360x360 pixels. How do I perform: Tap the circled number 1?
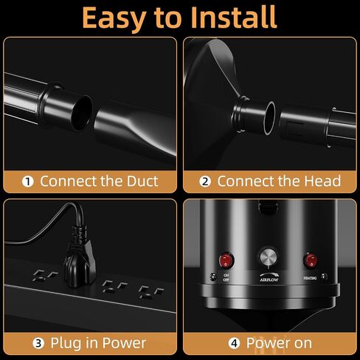(28, 181)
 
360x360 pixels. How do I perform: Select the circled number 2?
(205, 181)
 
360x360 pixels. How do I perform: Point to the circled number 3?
(38, 343)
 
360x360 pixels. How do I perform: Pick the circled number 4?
(234, 343)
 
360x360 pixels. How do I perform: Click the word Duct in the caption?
(142, 181)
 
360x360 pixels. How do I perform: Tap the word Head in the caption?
(322, 181)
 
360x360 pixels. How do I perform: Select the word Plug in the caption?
(66, 344)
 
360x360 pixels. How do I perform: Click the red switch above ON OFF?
(226, 260)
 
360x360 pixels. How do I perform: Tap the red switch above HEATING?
(311, 260)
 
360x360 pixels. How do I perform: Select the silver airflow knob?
(269, 257)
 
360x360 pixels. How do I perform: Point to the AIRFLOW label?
(269, 280)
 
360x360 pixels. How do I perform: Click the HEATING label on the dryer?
(310, 278)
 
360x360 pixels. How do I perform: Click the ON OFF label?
(226, 277)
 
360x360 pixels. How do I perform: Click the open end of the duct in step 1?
(82, 113)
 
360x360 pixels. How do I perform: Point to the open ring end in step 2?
(270, 118)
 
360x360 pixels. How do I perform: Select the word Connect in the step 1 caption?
(69, 181)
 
